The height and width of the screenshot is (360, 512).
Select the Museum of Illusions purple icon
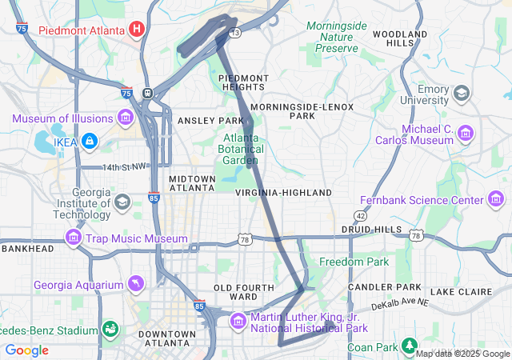click(x=125, y=119)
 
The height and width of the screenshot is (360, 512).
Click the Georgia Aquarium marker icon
click(x=138, y=285)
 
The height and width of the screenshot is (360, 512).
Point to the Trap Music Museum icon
click(x=74, y=238)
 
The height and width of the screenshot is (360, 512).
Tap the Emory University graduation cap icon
click(x=462, y=94)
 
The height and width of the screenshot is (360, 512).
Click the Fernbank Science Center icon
click(x=496, y=200)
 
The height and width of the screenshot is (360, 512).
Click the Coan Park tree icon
click(x=410, y=346)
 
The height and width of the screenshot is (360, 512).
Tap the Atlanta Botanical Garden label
click(x=240, y=148)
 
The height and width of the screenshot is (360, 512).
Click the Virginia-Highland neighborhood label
click(x=283, y=193)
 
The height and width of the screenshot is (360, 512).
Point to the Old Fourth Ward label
click(x=235, y=291)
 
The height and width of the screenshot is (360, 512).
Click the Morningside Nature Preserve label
click(x=336, y=37)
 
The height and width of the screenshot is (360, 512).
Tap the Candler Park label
click(x=385, y=286)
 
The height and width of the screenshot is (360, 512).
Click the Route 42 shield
click(x=361, y=216)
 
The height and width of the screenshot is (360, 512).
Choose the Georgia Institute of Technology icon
click(x=122, y=201)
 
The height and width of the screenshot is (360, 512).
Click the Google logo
click(x=26, y=350)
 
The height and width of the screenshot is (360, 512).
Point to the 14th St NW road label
click(x=125, y=166)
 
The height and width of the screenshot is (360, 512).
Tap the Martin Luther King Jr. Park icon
click(x=238, y=322)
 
